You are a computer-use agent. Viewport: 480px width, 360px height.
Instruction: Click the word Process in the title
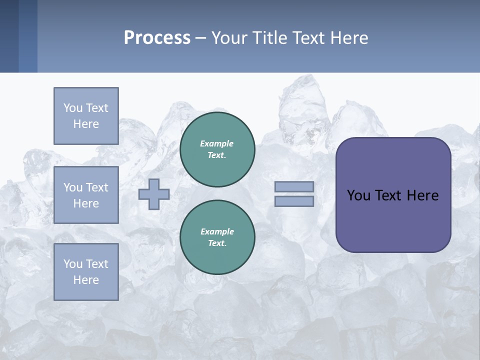point(157,38)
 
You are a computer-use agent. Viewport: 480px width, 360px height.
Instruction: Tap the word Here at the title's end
point(348,38)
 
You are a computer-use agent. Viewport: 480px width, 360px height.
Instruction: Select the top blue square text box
point(86,116)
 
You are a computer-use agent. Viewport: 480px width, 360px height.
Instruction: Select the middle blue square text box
point(86,195)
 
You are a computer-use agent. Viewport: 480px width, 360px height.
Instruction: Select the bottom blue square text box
point(86,272)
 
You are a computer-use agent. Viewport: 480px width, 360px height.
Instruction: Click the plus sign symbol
point(154,194)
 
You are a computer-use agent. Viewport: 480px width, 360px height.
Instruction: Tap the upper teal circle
point(217,149)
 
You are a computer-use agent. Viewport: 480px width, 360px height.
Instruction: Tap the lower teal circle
point(217,237)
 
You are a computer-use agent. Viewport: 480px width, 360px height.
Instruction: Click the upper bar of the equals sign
point(294,186)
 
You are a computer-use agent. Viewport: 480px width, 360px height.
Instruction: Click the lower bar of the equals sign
point(294,201)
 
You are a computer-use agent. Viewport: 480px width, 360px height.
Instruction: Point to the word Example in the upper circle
point(217,143)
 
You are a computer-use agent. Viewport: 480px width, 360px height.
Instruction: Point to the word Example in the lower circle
point(217,231)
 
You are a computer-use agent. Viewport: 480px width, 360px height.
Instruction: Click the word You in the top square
point(72,108)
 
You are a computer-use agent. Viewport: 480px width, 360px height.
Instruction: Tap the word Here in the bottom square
point(86,280)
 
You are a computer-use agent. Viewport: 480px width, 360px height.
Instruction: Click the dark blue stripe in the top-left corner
point(9,36)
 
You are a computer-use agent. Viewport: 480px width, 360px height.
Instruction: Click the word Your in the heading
point(228,38)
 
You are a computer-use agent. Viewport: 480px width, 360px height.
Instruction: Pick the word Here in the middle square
point(86,203)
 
